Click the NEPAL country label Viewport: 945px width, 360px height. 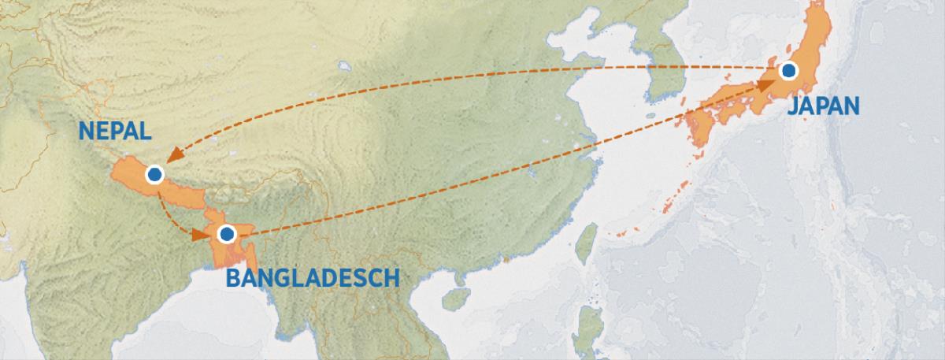pos(114,132)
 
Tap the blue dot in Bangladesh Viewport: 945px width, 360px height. pos(227,233)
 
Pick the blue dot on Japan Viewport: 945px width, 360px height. pos(788,71)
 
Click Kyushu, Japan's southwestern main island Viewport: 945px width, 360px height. pos(698,126)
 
